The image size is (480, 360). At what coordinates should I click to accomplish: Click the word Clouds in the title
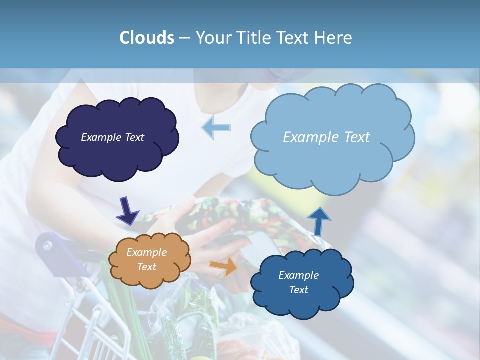[x=147, y=38]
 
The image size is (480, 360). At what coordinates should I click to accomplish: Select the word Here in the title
[x=333, y=38]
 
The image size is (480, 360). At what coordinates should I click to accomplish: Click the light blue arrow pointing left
[x=216, y=127]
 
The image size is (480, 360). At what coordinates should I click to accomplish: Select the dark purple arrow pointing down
[x=127, y=211]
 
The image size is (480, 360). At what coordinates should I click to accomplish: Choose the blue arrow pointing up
[x=318, y=221]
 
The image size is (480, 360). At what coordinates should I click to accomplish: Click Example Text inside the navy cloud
[x=112, y=137]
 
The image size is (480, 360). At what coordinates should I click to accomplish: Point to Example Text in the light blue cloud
[x=326, y=137]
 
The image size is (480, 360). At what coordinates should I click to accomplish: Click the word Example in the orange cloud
[x=146, y=252]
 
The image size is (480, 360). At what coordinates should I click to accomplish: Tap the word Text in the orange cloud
[x=146, y=267]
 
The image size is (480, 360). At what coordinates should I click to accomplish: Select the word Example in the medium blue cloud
[x=298, y=275]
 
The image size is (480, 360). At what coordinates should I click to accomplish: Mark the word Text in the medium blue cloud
[x=298, y=290]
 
